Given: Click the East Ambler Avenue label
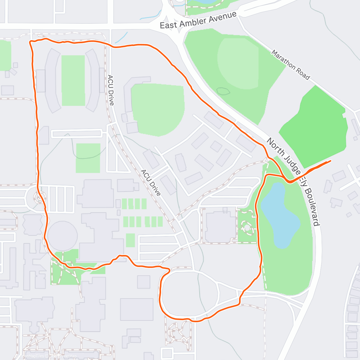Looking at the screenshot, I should pyautogui.click(x=198, y=20).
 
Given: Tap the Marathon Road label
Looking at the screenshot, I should pyautogui.click(x=290, y=65).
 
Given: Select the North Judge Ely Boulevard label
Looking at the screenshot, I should pyautogui.click(x=293, y=182).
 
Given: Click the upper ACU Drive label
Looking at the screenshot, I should pyautogui.click(x=110, y=90).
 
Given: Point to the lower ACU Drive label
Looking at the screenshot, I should pyautogui.click(x=151, y=182).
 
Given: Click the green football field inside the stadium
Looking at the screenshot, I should pyautogui.click(x=73, y=80).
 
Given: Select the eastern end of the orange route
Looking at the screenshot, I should pyautogui.click(x=331, y=161).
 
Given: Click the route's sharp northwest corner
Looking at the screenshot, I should pyautogui.click(x=30, y=42).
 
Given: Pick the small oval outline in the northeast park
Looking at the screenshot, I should pyautogui.click(x=223, y=91).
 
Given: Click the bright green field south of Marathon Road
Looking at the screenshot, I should pyautogui.click(x=315, y=126).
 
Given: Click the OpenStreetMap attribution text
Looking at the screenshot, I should pyautogui.click(x=64, y=356).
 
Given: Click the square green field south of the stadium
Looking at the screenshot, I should pyautogui.click(x=88, y=158).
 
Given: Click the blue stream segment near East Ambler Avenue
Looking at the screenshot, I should pyautogui.click(x=120, y=37).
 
